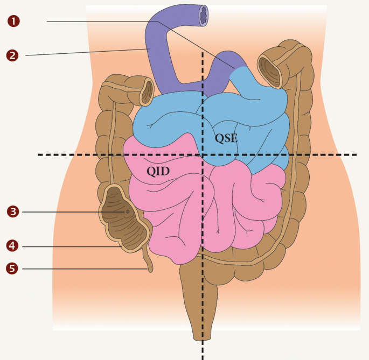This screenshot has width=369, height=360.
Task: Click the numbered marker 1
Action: (x=13, y=21)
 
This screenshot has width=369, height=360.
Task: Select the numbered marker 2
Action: (x=13, y=54)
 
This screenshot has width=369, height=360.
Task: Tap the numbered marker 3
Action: (x=13, y=211)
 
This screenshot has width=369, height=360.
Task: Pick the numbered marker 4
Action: (x=13, y=246)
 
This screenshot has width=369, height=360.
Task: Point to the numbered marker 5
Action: (x=13, y=268)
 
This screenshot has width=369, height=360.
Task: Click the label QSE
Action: (x=226, y=138)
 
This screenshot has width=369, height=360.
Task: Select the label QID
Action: (x=158, y=171)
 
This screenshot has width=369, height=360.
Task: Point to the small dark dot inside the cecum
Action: (x=127, y=212)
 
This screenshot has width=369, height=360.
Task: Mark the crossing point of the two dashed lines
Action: (x=203, y=155)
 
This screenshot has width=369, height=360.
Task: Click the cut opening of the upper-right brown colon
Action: (x=269, y=67)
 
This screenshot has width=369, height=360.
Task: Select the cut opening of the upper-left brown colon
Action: (x=146, y=93)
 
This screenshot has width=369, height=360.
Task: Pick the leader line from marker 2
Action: (x=86, y=52)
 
